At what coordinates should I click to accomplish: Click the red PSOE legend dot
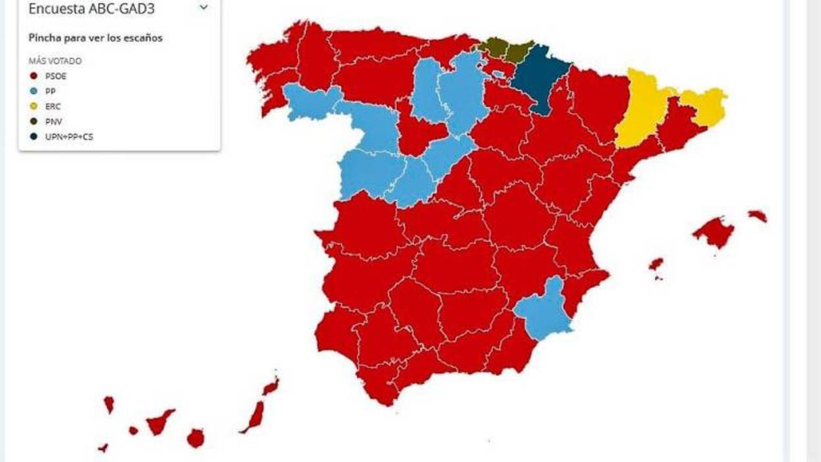point(34,76)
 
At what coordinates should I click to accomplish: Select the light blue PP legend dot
point(34,91)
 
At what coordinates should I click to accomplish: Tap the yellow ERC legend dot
point(34,106)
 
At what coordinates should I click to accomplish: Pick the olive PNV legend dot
point(34,121)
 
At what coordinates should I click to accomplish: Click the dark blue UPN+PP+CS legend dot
point(34,136)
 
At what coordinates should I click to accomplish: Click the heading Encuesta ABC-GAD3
point(91,9)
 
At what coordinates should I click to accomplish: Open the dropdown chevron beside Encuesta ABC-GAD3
point(203,8)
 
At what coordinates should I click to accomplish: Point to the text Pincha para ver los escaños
point(95,38)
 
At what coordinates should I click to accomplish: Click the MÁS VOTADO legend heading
point(55,61)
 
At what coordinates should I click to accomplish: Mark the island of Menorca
point(757,215)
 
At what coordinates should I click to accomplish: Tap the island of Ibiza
point(656,264)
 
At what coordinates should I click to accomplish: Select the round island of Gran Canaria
point(195,438)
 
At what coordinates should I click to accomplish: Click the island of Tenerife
point(159,422)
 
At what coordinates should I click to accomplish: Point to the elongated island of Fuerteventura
point(254,417)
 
